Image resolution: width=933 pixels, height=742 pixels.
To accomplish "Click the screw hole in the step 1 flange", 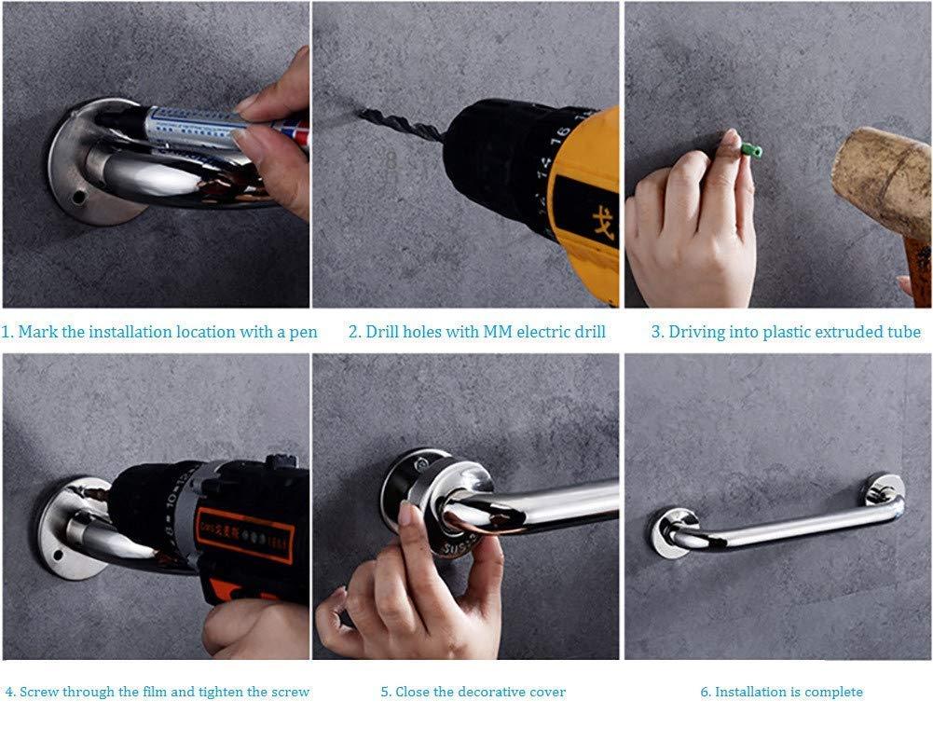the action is [77, 195].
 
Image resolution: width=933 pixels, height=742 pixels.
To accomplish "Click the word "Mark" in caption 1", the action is [38, 332].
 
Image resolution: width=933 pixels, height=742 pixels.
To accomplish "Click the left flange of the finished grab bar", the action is [666, 532].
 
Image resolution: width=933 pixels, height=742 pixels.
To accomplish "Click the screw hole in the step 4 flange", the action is [58, 556].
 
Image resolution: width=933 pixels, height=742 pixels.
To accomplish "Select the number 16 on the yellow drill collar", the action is [560, 136].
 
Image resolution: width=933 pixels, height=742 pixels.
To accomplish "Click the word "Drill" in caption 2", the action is [382, 332].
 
